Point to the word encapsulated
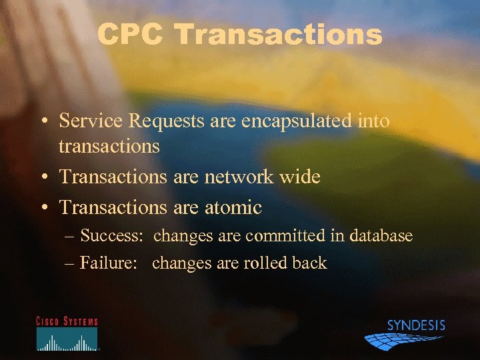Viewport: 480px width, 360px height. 295,121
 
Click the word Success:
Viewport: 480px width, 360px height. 113,236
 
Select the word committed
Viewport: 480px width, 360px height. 282,236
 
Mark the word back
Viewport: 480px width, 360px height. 309,263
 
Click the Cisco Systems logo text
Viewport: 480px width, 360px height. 67,321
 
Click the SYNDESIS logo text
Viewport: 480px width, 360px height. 416,326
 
